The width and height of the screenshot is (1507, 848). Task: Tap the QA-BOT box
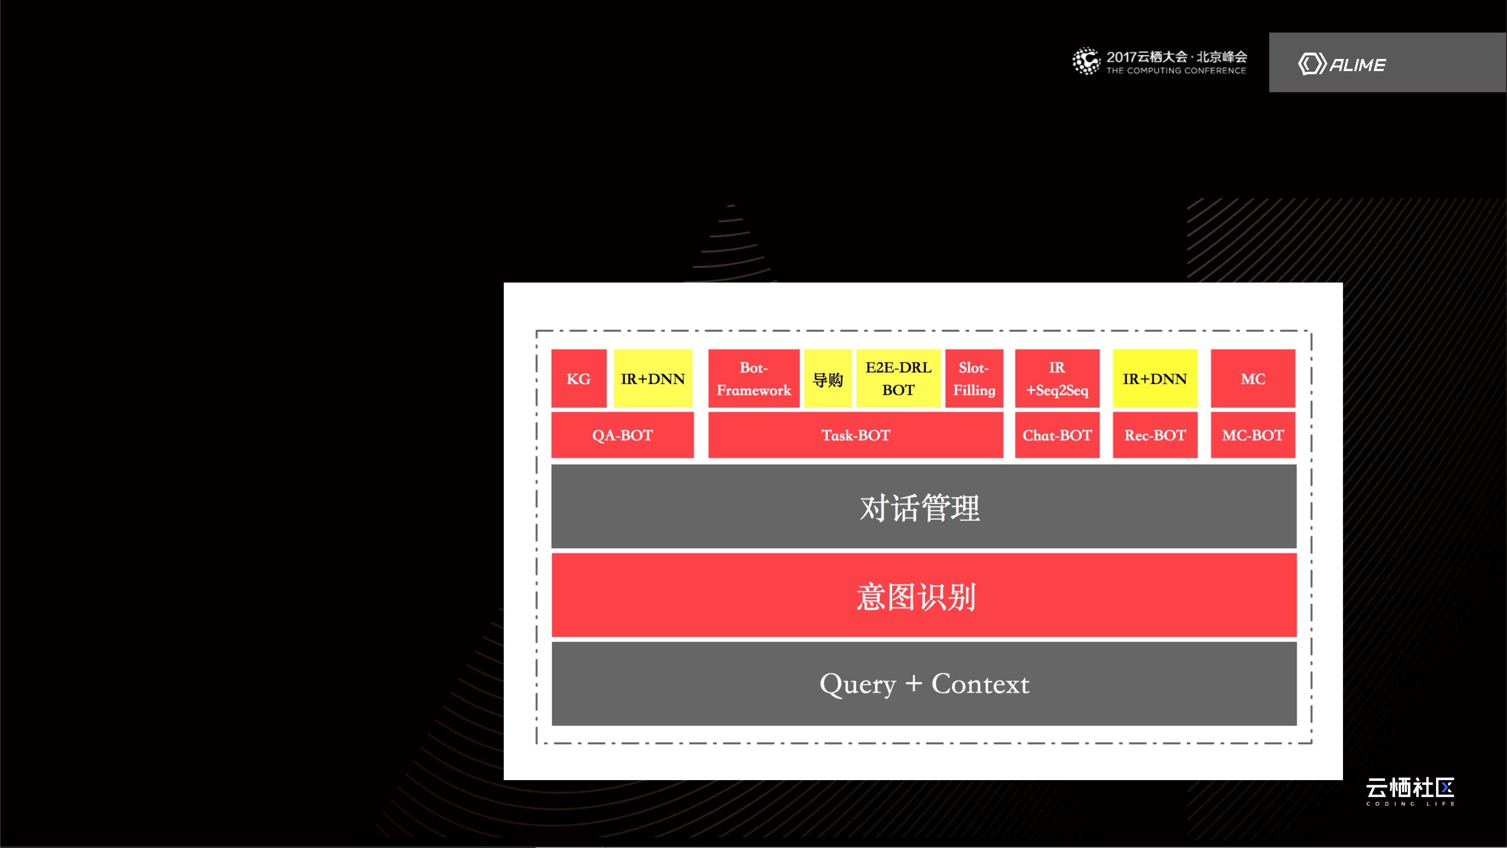coord(622,435)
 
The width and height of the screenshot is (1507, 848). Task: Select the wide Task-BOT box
coord(855,435)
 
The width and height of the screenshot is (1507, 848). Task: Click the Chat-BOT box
coord(1057,435)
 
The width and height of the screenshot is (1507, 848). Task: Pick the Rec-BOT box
coord(1155,435)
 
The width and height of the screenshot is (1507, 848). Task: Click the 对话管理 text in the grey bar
coord(920,507)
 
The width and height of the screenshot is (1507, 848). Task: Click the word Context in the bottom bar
coord(980,684)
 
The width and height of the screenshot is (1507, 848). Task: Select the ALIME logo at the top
coord(1341,64)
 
